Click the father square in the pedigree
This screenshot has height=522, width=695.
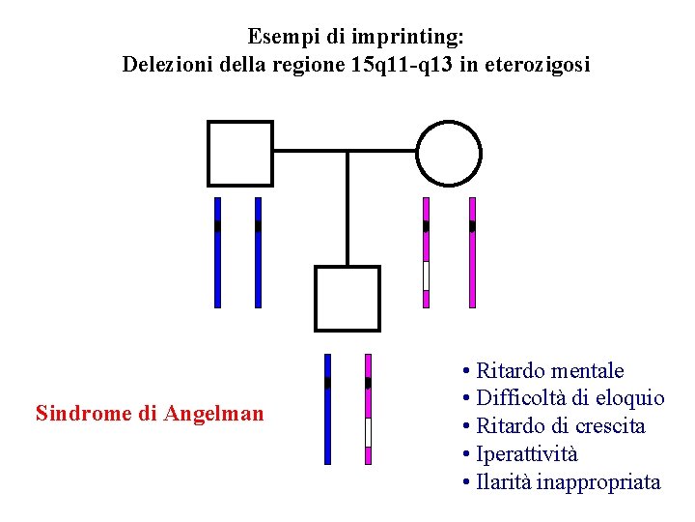click(x=240, y=153)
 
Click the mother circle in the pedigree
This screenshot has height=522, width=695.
click(x=449, y=153)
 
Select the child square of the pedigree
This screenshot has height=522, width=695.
click(x=347, y=298)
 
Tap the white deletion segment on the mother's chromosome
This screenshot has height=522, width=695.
click(x=426, y=275)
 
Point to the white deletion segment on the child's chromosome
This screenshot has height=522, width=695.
click(x=368, y=432)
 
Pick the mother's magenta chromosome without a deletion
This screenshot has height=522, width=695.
click(x=472, y=252)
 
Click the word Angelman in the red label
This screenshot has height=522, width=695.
click(x=213, y=415)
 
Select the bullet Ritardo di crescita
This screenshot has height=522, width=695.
click(x=561, y=426)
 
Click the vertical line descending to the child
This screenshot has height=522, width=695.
click(x=347, y=208)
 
